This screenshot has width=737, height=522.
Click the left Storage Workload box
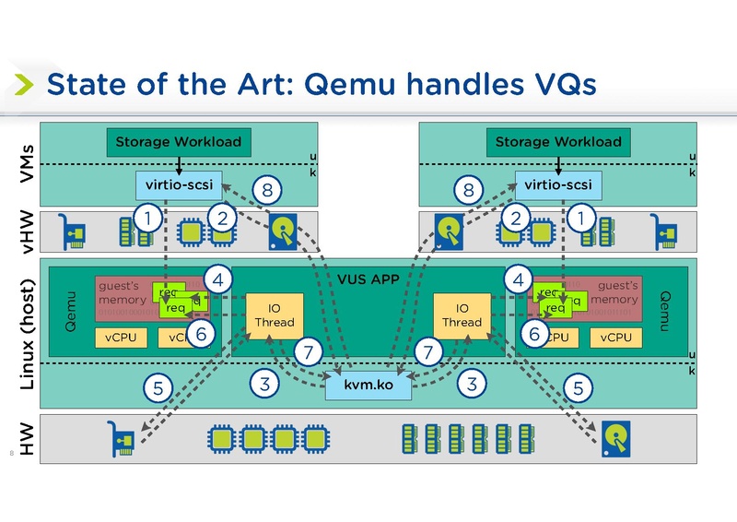pyautogui.click(x=179, y=142)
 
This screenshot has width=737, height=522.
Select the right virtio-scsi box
pyautogui.click(x=557, y=185)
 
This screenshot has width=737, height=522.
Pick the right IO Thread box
pyautogui.click(x=462, y=315)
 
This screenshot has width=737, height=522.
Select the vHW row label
pyautogui.click(x=27, y=231)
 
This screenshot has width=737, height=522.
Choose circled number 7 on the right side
pyautogui.click(x=427, y=351)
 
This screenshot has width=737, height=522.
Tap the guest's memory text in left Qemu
pyautogui.click(x=122, y=293)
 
